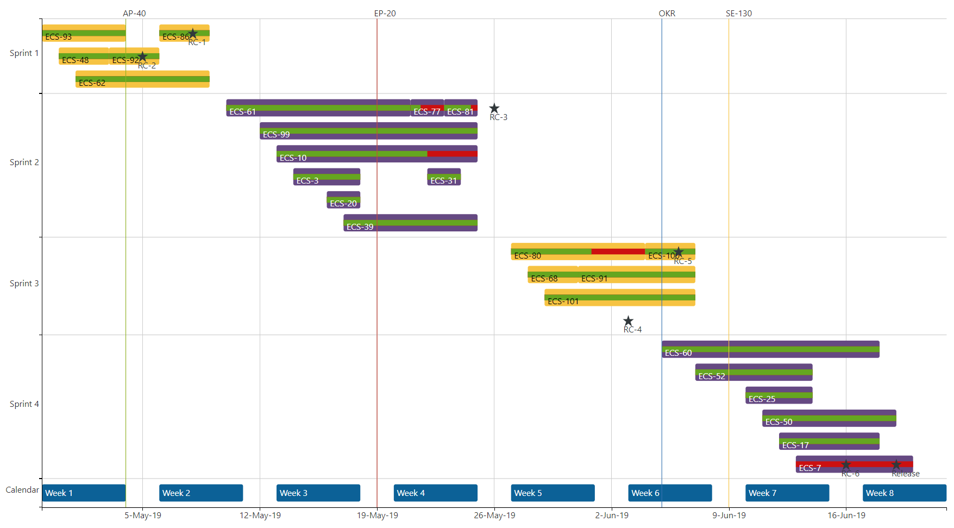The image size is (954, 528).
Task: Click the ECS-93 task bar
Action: tap(84, 33)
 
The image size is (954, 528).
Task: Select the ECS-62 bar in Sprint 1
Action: tap(142, 79)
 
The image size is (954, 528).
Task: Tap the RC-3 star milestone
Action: tap(494, 109)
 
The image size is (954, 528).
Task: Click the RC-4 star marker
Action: tap(628, 321)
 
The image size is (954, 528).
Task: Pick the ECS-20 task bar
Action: tap(343, 200)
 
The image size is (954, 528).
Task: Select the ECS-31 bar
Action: tap(444, 177)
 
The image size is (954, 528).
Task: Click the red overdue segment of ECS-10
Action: tap(452, 154)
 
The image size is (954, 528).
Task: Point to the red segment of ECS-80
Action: tap(618, 252)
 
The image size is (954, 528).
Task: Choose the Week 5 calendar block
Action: tap(553, 493)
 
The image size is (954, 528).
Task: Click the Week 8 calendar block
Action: tap(904, 493)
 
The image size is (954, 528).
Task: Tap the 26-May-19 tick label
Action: tap(494, 516)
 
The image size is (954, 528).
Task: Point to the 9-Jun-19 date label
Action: tap(729, 516)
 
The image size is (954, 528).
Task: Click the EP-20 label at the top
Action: tap(385, 14)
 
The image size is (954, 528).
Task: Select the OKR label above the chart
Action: tap(667, 14)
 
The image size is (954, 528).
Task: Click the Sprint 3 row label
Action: tap(24, 284)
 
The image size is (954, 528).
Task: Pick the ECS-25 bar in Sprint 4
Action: tap(779, 395)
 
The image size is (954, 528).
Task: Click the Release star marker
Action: tap(896, 465)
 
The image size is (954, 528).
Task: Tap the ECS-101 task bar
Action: tap(619, 298)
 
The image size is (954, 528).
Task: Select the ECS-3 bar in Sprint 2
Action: tap(327, 177)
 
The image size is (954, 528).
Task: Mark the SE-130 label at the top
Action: tap(738, 14)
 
